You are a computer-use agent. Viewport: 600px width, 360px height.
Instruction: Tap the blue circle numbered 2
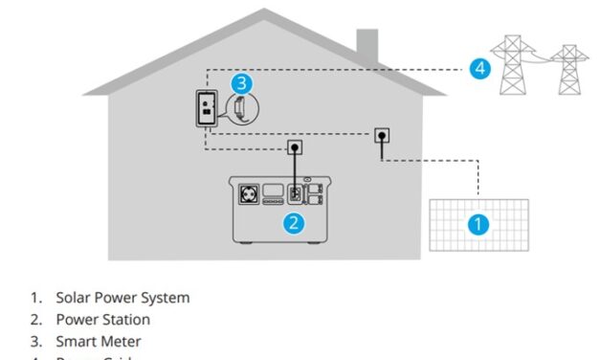pyautogui.click(x=295, y=223)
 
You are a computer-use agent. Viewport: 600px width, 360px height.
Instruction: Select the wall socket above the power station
pyautogui.click(x=296, y=148)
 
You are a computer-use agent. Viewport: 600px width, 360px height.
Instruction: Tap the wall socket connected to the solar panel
pyautogui.click(x=381, y=136)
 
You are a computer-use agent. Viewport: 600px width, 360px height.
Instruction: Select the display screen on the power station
pyautogui.click(x=273, y=189)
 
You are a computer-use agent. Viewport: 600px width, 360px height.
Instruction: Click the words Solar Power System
pyautogui.click(x=122, y=298)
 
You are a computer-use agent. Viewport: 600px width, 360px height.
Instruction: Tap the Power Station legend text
pyautogui.click(x=102, y=319)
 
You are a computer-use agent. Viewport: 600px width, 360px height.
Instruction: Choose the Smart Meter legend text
pyautogui.click(x=99, y=341)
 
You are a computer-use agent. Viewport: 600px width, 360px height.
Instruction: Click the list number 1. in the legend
pyautogui.click(x=35, y=298)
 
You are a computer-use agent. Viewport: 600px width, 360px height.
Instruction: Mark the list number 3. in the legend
pyautogui.click(x=35, y=341)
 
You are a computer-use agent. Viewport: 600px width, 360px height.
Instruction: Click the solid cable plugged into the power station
pyautogui.click(x=296, y=172)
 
